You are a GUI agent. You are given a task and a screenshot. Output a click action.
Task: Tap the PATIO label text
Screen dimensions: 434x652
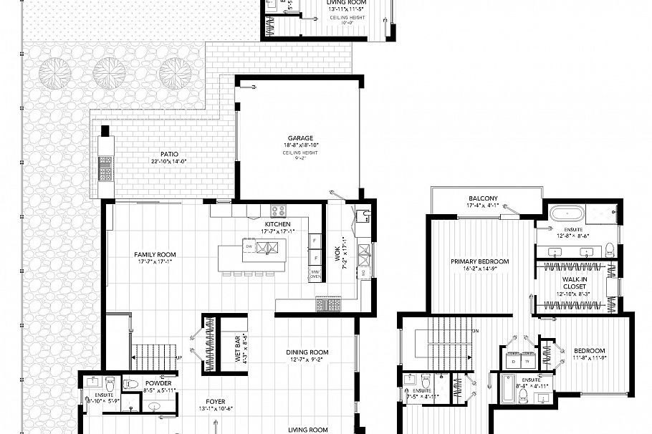tap(169, 154)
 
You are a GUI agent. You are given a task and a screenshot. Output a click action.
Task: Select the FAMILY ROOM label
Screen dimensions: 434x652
tap(155, 254)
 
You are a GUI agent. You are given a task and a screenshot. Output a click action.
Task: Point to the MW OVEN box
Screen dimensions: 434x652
tap(315, 274)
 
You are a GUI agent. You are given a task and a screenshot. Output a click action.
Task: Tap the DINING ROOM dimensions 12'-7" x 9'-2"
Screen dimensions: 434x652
tap(307, 360)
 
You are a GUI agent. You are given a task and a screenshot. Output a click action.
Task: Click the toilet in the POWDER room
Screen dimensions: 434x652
tap(131, 384)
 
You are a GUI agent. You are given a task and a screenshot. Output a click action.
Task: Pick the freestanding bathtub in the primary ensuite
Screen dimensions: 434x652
tap(566, 213)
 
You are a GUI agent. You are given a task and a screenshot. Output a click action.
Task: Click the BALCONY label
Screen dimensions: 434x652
tap(483, 198)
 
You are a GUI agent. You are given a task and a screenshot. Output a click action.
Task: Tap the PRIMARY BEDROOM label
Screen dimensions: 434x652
tap(479, 261)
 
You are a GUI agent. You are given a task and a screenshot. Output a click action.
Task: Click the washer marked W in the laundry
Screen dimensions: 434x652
tap(529, 362)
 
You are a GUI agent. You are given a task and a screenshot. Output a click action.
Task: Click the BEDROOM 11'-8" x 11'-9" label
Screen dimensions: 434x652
tap(589, 350)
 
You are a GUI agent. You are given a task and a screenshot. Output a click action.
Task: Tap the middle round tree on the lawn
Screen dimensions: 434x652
tap(109, 72)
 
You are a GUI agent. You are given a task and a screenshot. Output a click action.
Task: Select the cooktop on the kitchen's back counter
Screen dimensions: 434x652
tap(277, 211)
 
